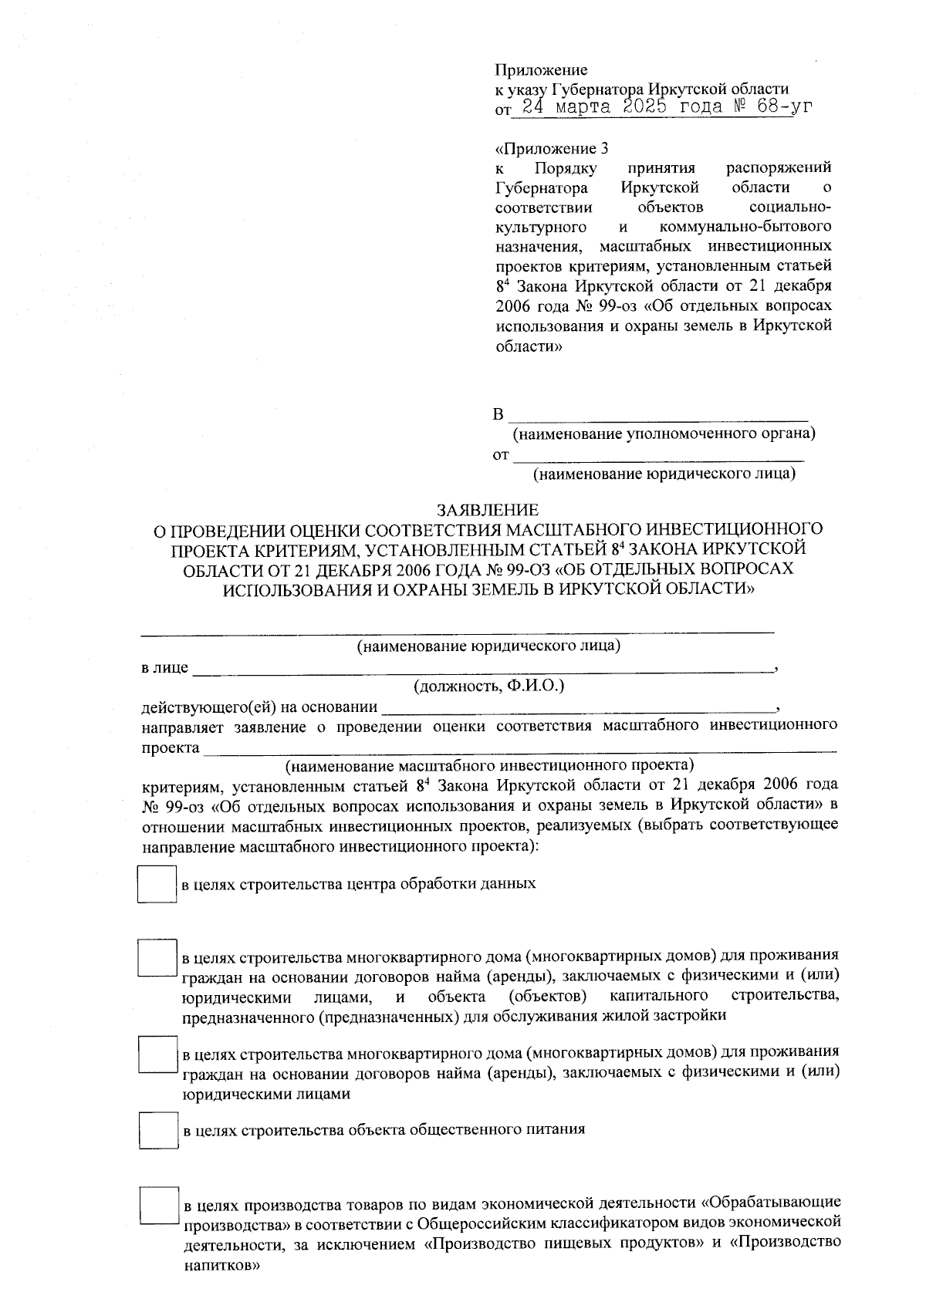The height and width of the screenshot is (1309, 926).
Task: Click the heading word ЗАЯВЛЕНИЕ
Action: click(488, 510)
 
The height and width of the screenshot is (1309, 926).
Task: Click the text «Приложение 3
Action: click(546, 148)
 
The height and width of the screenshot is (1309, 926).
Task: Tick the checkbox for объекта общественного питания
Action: click(158, 1131)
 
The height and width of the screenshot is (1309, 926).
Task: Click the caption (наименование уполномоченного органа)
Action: click(664, 434)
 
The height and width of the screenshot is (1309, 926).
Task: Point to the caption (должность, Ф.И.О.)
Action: click(488, 686)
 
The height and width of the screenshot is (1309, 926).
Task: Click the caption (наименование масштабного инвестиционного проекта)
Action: click(489, 766)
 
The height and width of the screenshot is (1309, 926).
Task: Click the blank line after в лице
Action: click(482, 668)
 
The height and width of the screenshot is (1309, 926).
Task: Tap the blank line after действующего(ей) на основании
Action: click(579, 707)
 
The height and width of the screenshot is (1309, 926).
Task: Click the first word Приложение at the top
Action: click(541, 70)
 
